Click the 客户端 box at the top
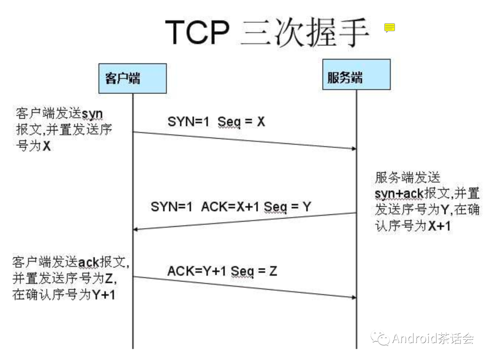[x=132, y=78]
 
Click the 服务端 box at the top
[x=356, y=75]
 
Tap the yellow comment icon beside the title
[x=389, y=28]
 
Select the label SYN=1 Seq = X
[x=216, y=122]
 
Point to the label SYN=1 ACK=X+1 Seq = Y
[x=231, y=207]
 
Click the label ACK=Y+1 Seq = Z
[x=222, y=271]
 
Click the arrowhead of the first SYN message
[x=353, y=148]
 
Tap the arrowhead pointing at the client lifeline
[x=136, y=229]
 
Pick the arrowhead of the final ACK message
[x=353, y=297]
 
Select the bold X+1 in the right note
[x=439, y=226]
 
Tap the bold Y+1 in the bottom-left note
[x=104, y=295]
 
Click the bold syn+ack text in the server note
[x=399, y=194]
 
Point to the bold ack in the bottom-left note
[x=88, y=263]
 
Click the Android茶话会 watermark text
[x=433, y=338]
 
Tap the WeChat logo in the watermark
[x=380, y=338]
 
